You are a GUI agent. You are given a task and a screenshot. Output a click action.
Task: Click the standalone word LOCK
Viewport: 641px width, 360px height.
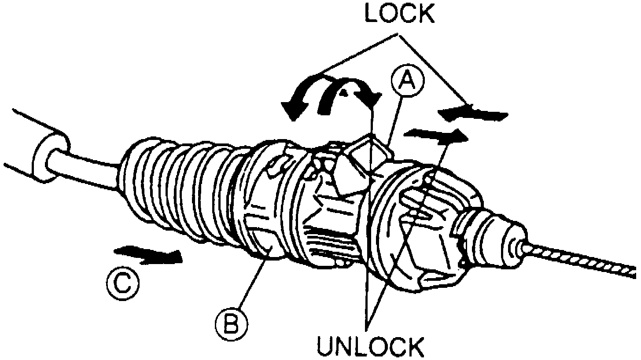point(399,14)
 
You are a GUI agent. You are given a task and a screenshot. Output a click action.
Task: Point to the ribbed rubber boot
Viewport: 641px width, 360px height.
point(176,185)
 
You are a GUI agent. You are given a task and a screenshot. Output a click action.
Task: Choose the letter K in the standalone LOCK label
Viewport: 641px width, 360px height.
point(424,14)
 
